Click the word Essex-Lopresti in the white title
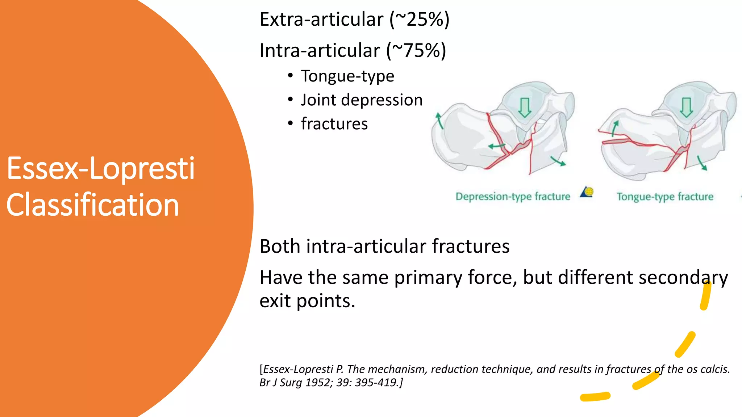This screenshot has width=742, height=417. click(x=101, y=169)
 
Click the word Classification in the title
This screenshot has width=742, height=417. click(x=93, y=205)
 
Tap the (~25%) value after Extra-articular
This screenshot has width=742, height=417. click(x=420, y=20)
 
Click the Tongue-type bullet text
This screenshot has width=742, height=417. click(x=347, y=76)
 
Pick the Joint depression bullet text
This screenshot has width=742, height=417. click(x=362, y=100)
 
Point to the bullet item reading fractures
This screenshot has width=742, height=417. click(x=334, y=124)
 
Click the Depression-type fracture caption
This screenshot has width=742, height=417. click(x=513, y=197)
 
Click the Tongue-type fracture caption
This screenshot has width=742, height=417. click(x=665, y=197)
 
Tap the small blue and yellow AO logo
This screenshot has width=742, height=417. click(x=587, y=191)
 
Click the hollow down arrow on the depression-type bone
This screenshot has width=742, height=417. click(x=524, y=108)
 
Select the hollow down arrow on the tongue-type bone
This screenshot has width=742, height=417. click(x=686, y=107)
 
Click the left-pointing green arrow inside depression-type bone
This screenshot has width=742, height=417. click(x=496, y=146)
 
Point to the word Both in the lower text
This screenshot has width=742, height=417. click(x=280, y=247)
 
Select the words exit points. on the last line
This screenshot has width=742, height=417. click(x=307, y=301)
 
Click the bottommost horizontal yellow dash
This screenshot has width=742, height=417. click(x=595, y=397)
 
